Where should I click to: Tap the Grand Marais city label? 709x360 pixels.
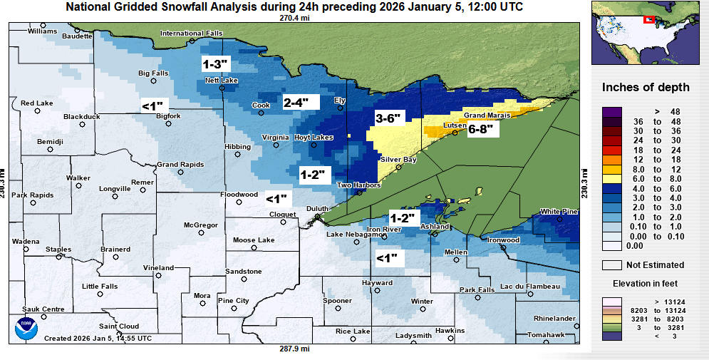point(485,115)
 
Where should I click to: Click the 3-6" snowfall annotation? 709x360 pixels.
point(388,118)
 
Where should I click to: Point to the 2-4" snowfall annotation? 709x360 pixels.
point(296,102)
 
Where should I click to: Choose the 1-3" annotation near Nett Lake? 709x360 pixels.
point(215,64)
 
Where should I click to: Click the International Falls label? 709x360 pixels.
point(191,34)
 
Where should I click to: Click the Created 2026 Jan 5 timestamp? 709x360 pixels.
point(98,338)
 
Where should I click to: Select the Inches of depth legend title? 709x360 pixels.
point(646,88)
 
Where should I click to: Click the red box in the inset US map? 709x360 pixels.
point(649,19)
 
